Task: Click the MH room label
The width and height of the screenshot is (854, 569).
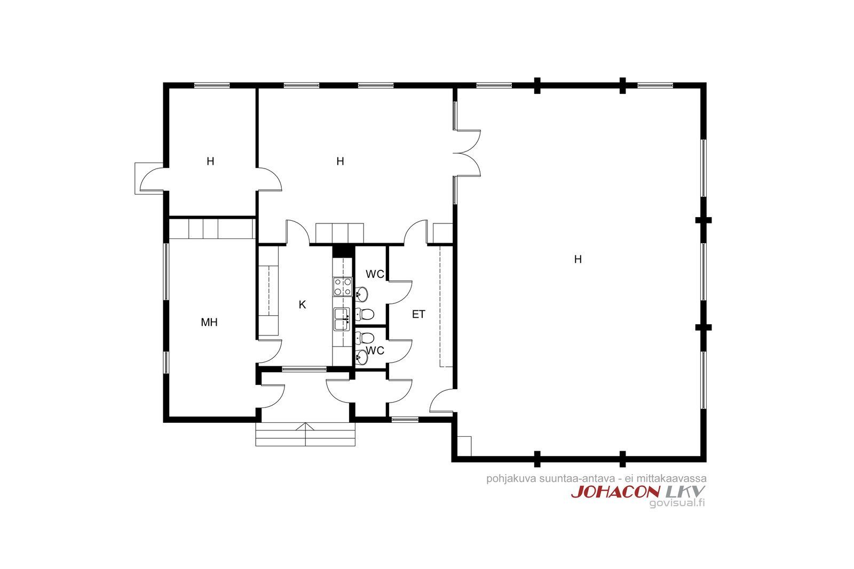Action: coord(209,322)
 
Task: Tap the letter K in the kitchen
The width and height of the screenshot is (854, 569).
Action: coord(302,304)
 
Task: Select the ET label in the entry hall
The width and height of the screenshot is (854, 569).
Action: coord(418,314)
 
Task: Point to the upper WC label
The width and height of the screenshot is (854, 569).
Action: coord(375,274)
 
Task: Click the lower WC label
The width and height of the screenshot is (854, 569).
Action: coord(375,350)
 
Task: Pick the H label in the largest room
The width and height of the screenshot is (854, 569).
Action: coord(578,259)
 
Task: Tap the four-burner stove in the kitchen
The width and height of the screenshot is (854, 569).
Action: coord(343,287)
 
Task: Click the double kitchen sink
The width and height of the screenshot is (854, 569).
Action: coord(342,319)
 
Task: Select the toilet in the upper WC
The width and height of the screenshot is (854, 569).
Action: coord(365,315)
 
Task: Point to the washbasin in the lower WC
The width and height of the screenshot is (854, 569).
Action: coord(361,357)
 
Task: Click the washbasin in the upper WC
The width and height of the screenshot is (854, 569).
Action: coord(361,294)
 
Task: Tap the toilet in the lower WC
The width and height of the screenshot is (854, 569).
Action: coord(365,338)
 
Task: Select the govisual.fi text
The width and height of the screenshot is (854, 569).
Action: coord(677,503)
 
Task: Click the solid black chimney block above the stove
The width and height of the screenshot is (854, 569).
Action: coord(343,251)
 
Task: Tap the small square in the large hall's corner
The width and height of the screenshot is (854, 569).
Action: coord(464,446)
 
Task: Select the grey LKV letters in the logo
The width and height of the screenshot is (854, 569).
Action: coord(685,492)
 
